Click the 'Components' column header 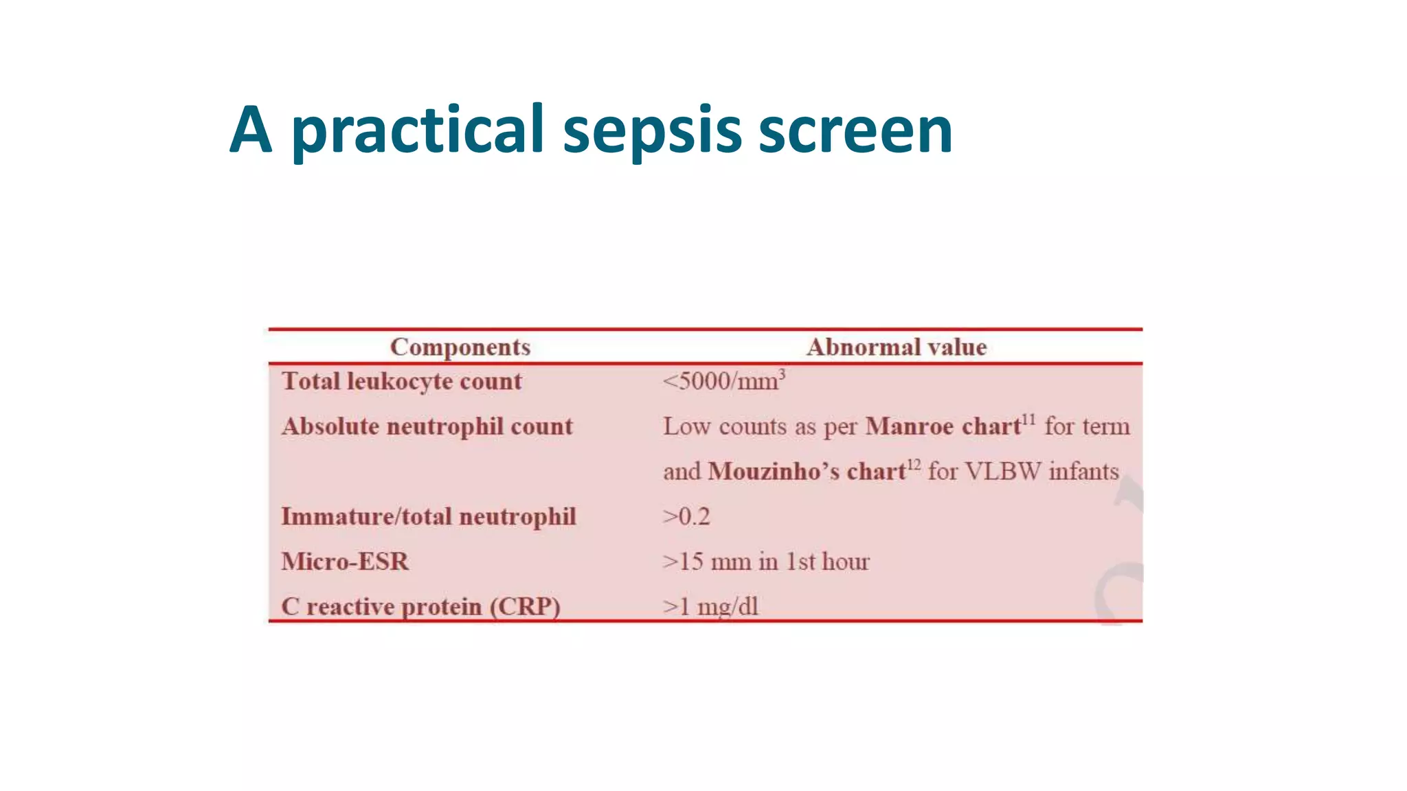pos(460,347)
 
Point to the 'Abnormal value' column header pos(897,347)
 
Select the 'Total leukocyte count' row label pos(402,381)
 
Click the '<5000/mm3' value pos(723,381)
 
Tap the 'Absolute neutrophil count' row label pos(427,426)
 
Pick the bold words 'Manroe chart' pos(943,426)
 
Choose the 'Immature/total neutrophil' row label pos(429,516)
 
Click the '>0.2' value pos(686,516)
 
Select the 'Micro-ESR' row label pos(345,562)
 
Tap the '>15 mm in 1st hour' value pos(766,562)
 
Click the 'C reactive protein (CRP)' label pos(421,606)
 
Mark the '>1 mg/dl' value pos(710,606)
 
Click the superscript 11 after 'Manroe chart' pos(1028,419)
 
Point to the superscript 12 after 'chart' pos(914,464)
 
